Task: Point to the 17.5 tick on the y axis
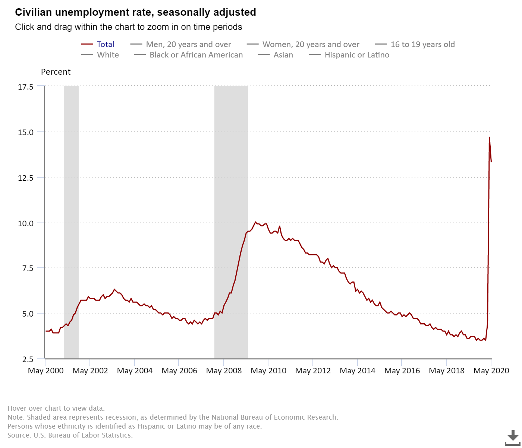pos(26,87)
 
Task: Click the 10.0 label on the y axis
pos(26,223)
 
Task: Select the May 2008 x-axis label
pos(224,371)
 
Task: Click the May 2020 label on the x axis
pos(491,371)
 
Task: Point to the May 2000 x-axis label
pos(45,371)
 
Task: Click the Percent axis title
pos(56,72)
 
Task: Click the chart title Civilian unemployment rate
pos(135,12)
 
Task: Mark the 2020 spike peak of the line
pos(489,137)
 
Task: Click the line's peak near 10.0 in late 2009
pos(255,222)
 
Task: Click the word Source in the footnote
pos(19,435)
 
